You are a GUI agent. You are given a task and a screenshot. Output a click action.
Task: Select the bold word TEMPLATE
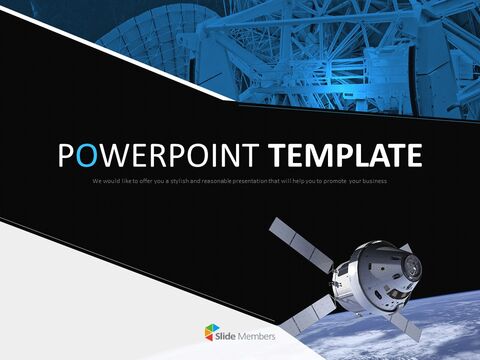click(355, 156)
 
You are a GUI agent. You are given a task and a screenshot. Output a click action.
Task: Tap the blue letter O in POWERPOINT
click(87, 156)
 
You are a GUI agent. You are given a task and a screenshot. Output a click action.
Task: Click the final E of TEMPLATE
click(412, 156)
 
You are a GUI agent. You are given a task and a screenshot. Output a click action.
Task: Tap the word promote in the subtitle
click(328, 181)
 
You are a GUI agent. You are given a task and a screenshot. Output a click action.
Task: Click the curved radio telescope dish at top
click(150, 40)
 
